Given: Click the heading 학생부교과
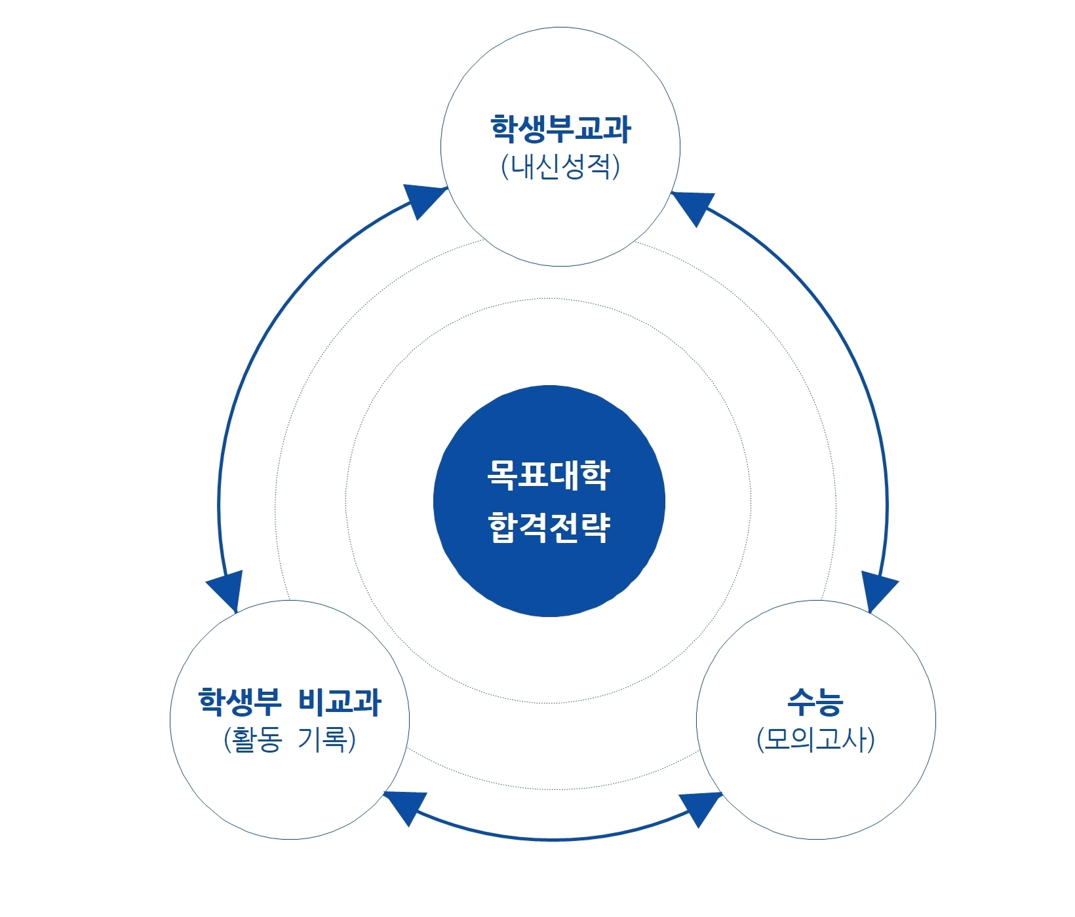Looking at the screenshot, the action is [560, 129].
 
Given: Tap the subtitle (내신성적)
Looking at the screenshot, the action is [560, 166].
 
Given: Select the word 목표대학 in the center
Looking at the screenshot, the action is [549, 475].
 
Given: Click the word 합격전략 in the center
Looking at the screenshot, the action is [549, 527].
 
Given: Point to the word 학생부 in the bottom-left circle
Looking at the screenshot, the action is [239, 702].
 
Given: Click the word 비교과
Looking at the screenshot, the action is [340, 702].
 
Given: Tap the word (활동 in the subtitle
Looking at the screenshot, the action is [253, 739].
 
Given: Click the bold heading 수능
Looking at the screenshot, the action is [815, 702].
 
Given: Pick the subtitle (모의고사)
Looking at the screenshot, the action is [815, 739].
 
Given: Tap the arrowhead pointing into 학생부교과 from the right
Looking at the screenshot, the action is [694, 206].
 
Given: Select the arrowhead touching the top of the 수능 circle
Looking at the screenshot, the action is [877, 591].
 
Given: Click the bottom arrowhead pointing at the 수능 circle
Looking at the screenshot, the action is [701, 808].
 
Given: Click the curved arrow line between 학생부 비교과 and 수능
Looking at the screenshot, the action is [553, 839].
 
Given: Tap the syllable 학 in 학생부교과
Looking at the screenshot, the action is [504, 129].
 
